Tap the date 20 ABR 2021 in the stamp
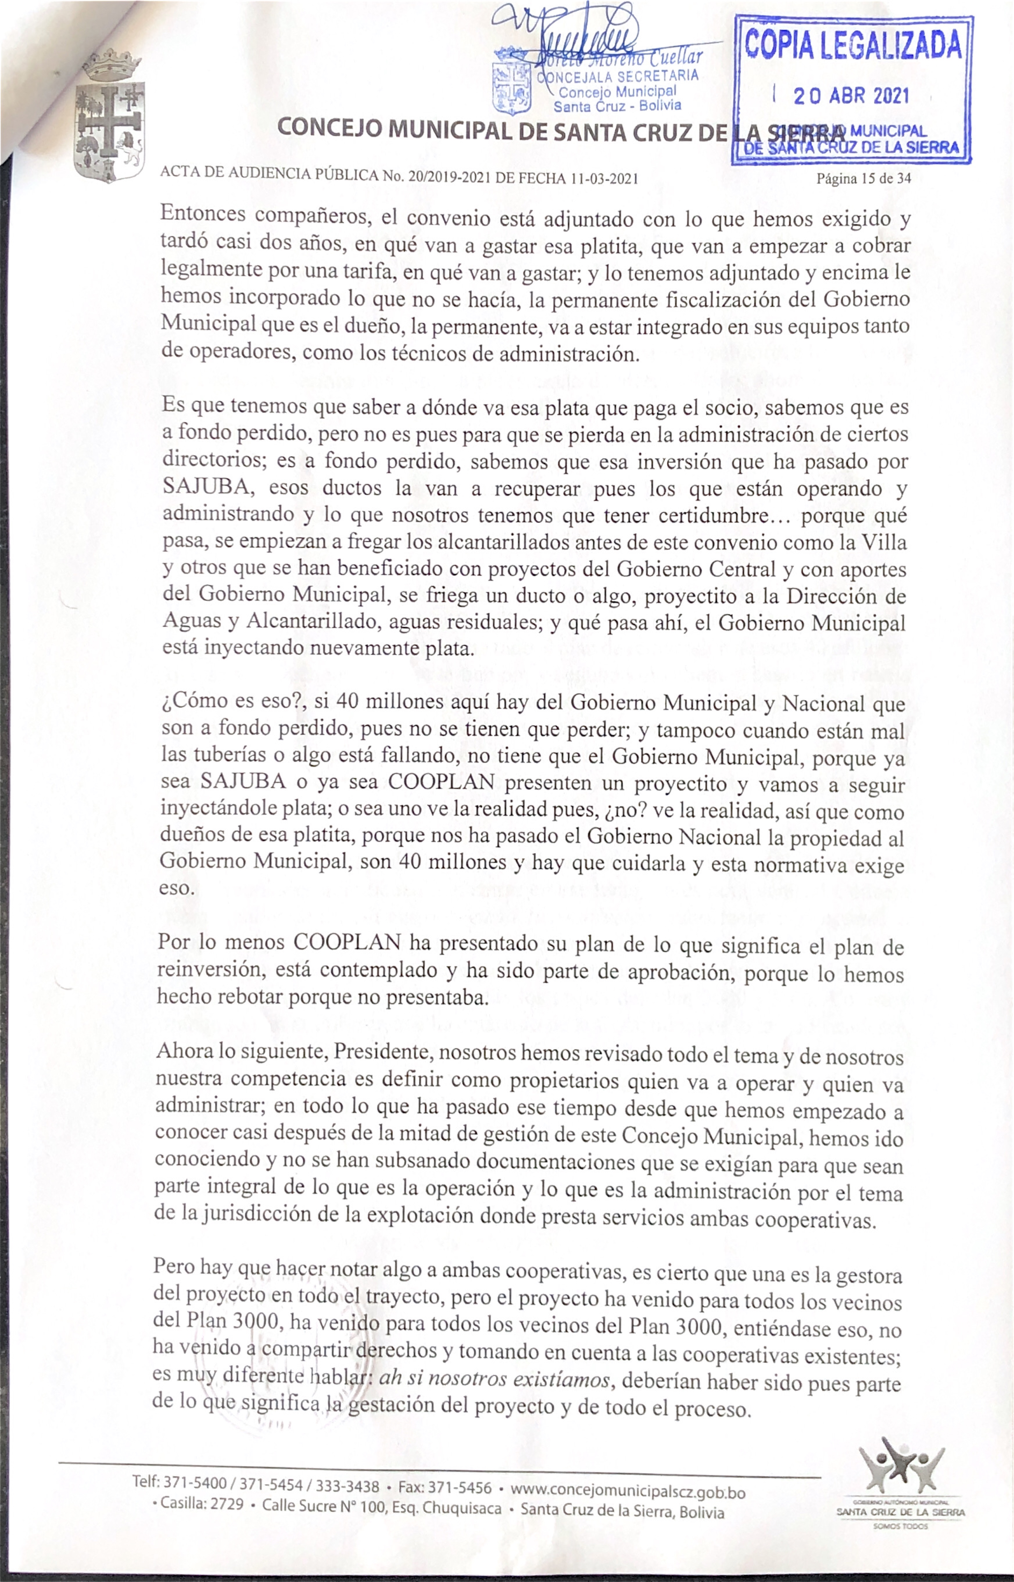point(851,96)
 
